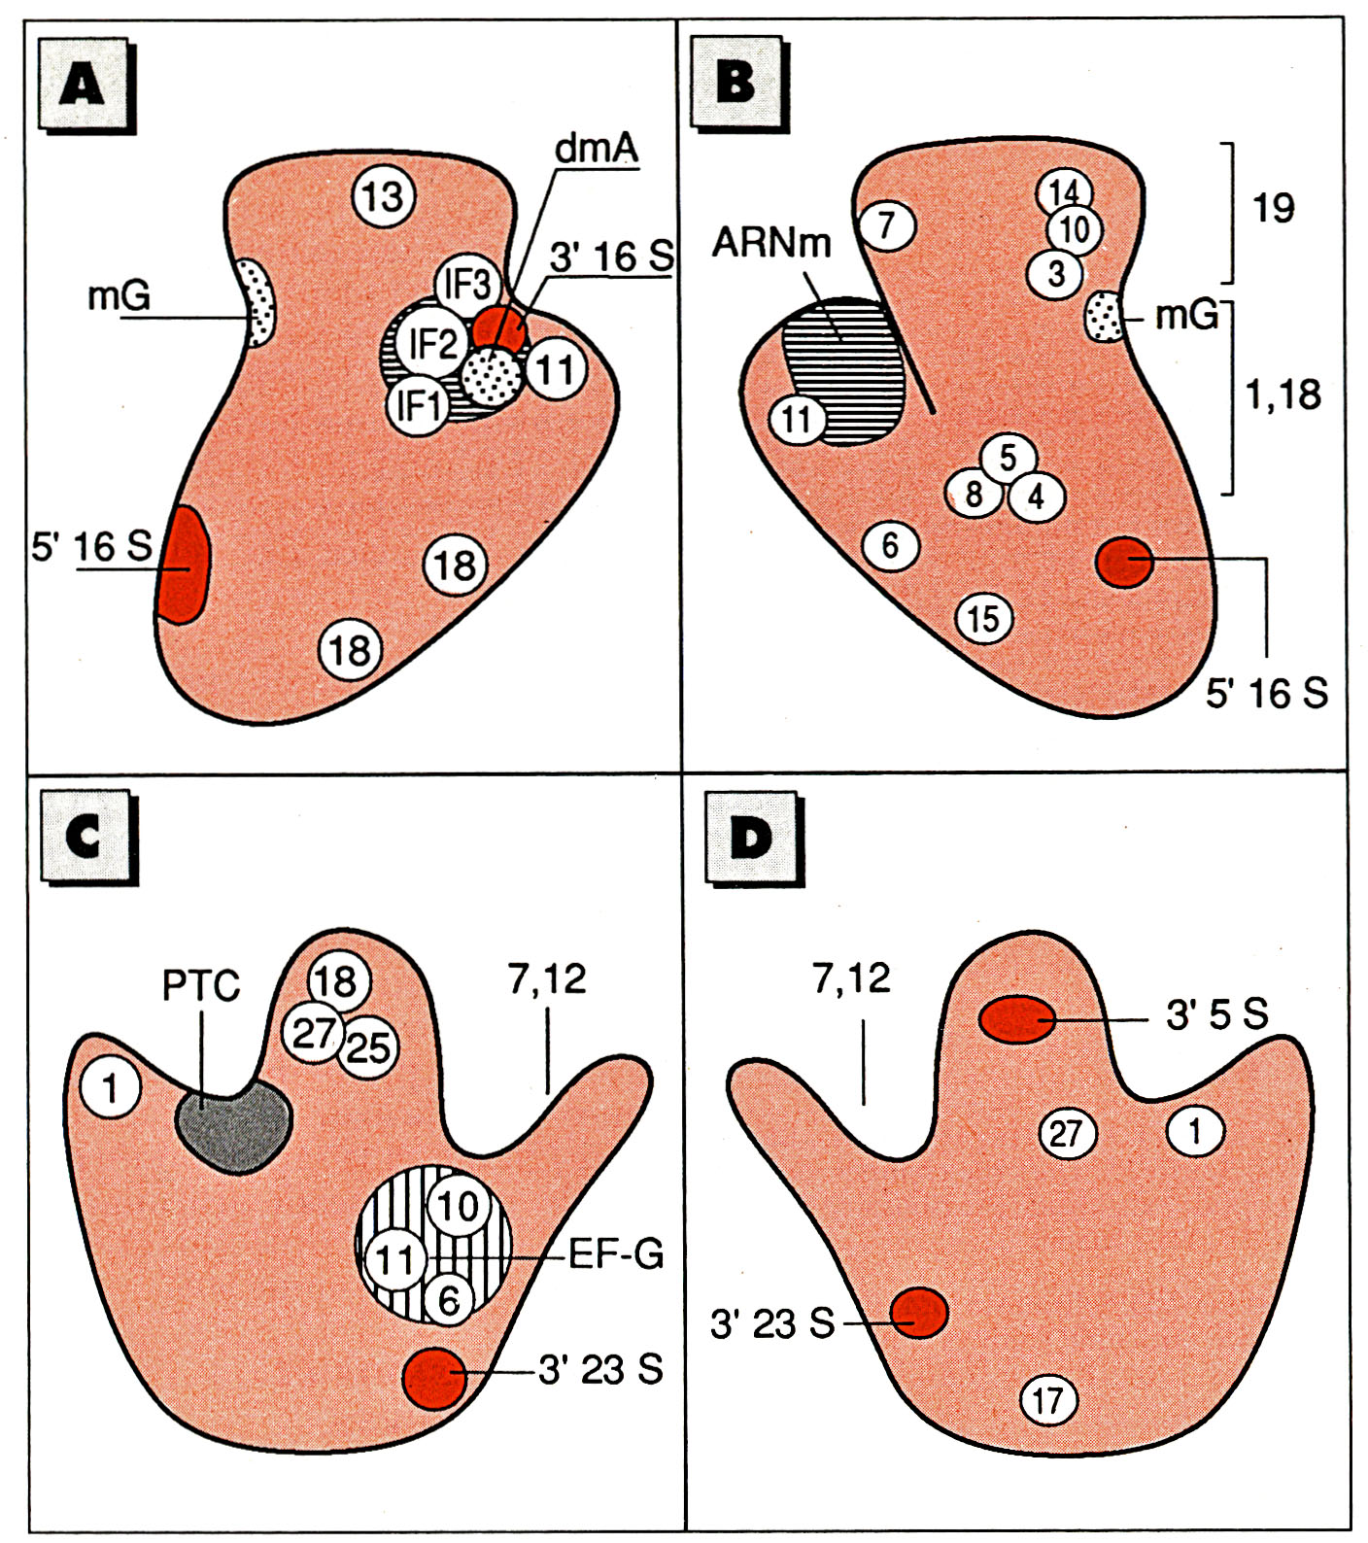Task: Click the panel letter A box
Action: coord(84,84)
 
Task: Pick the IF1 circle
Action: coord(419,406)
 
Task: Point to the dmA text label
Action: coord(597,149)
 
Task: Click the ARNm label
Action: coord(771,241)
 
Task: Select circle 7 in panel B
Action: coord(886,225)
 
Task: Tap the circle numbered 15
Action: coord(983,617)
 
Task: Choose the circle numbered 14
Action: coord(1065,191)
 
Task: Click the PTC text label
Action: coord(201,986)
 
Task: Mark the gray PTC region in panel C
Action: coord(233,1126)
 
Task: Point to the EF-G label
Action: coord(616,1255)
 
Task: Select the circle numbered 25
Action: coord(368,1047)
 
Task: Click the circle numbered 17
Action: coord(1048,1400)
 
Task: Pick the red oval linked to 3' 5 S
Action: coord(1016,1019)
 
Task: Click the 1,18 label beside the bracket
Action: coord(1283,394)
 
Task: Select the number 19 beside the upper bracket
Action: coord(1273,208)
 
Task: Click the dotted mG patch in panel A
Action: coord(258,302)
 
